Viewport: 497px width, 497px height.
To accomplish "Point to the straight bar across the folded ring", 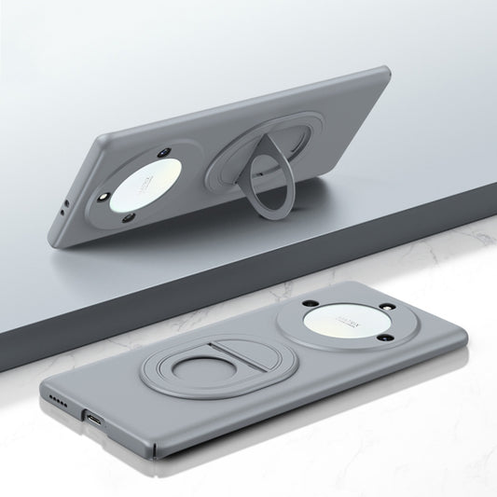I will tap(213, 357).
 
